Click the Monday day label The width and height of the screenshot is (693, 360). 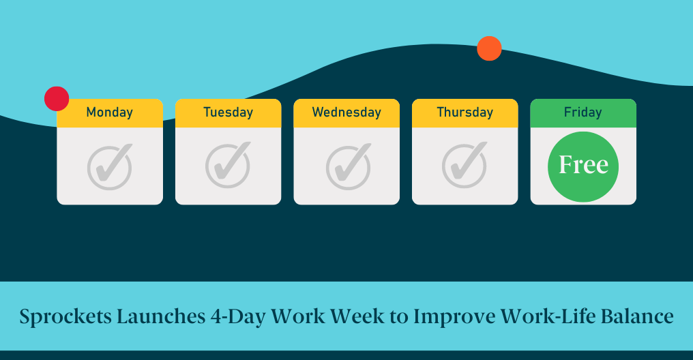tap(110, 112)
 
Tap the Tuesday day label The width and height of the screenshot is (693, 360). tap(228, 112)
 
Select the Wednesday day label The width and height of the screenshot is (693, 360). tap(346, 112)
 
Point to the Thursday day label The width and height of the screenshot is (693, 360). tap(465, 112)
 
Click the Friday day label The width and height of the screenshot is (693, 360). tap(583, 112)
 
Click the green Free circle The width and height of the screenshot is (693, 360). tap(583, 166)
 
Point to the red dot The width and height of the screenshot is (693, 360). tap(57, 98)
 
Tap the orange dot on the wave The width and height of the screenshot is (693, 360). tap(489, 48)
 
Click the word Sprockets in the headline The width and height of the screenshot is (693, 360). tap(65, 317)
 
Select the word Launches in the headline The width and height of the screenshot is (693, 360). tap(162, 316)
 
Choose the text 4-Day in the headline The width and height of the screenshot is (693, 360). tap(238, 317)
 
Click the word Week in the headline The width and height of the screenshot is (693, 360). tap(357, 316)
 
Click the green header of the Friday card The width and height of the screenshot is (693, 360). tap(583, 113)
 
